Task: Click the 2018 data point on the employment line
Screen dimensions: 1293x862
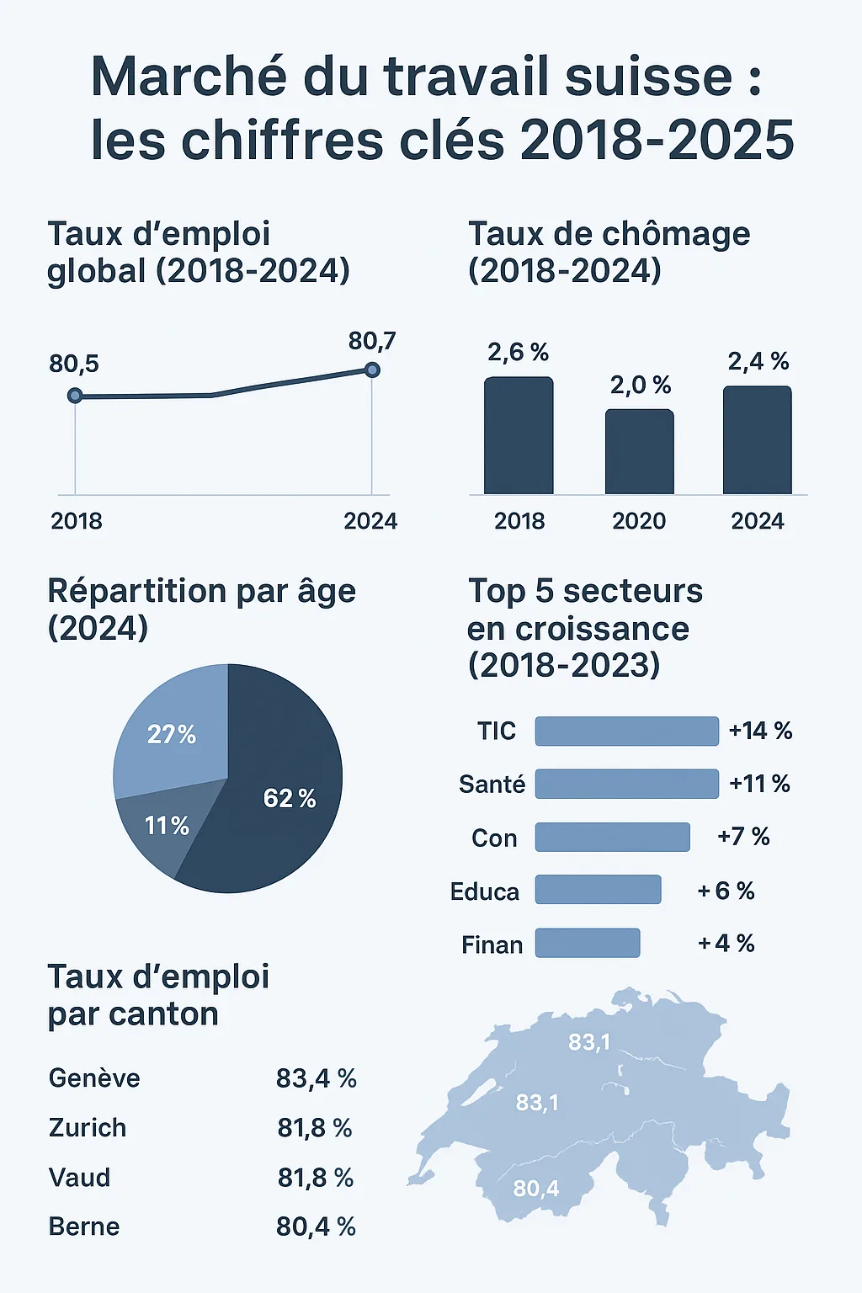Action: pos(75,396)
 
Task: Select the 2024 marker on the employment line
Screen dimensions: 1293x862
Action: pos(372,370)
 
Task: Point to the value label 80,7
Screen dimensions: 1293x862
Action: pos(371,341)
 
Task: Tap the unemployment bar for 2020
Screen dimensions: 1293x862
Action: pos(639,452)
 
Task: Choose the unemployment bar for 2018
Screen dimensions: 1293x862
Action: pos(519,436)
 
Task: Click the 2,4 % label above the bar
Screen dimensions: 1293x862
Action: pos(758,362)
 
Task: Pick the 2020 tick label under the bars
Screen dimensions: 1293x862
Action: pos(639,521)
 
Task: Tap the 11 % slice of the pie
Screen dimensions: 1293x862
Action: pos(160,829)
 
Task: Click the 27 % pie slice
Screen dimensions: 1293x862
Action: pos(173,732)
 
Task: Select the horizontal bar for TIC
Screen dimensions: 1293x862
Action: pos(626,732)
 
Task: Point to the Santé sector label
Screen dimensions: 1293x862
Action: pos(492,785)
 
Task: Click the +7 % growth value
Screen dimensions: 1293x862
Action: pos(743,837)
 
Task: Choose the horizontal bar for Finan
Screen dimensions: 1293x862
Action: pos(588,943)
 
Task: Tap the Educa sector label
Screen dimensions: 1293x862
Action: pos(485,891)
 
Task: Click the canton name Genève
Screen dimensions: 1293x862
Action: pos(94,1078)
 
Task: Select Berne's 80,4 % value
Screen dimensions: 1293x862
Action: pos(316,1227)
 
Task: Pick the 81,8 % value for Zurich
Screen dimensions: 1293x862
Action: pos(315,1128)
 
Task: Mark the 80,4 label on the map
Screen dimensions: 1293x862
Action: pos(536,1189)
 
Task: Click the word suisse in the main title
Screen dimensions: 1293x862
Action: pos(648,77)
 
